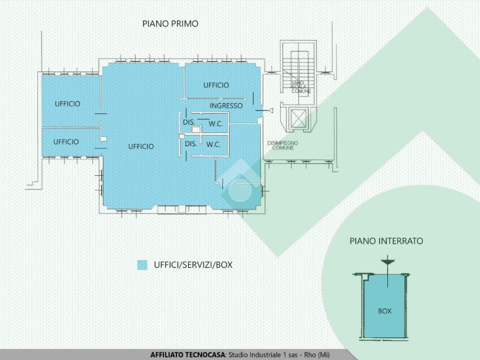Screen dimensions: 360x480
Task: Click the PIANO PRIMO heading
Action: pos(170,24)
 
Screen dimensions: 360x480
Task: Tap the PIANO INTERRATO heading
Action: pos(386,241)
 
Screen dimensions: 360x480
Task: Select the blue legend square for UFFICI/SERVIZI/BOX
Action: pos(142,265)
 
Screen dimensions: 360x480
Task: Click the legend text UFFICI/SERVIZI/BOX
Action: pos(193,265)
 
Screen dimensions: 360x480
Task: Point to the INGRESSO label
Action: pos(226,106)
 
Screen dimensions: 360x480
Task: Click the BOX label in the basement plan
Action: pos(384,311)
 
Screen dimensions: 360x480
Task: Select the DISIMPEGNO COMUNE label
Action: pos(283,145)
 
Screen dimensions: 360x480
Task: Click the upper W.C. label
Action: pos(215,124)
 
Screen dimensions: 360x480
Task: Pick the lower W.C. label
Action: pos(213,144)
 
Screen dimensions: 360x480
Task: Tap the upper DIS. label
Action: pos(189,122)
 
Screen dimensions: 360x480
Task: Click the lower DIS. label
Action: pos(191,144)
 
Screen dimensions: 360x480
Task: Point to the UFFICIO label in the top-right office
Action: pos(216,85)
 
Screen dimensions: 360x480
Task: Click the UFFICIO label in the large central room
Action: pos(141,147)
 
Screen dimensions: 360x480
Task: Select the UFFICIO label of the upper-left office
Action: pos(67,104)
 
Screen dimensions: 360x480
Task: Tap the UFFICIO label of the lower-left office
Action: pos(66,142)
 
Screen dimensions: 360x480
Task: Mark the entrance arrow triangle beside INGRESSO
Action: pos(270,110)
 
